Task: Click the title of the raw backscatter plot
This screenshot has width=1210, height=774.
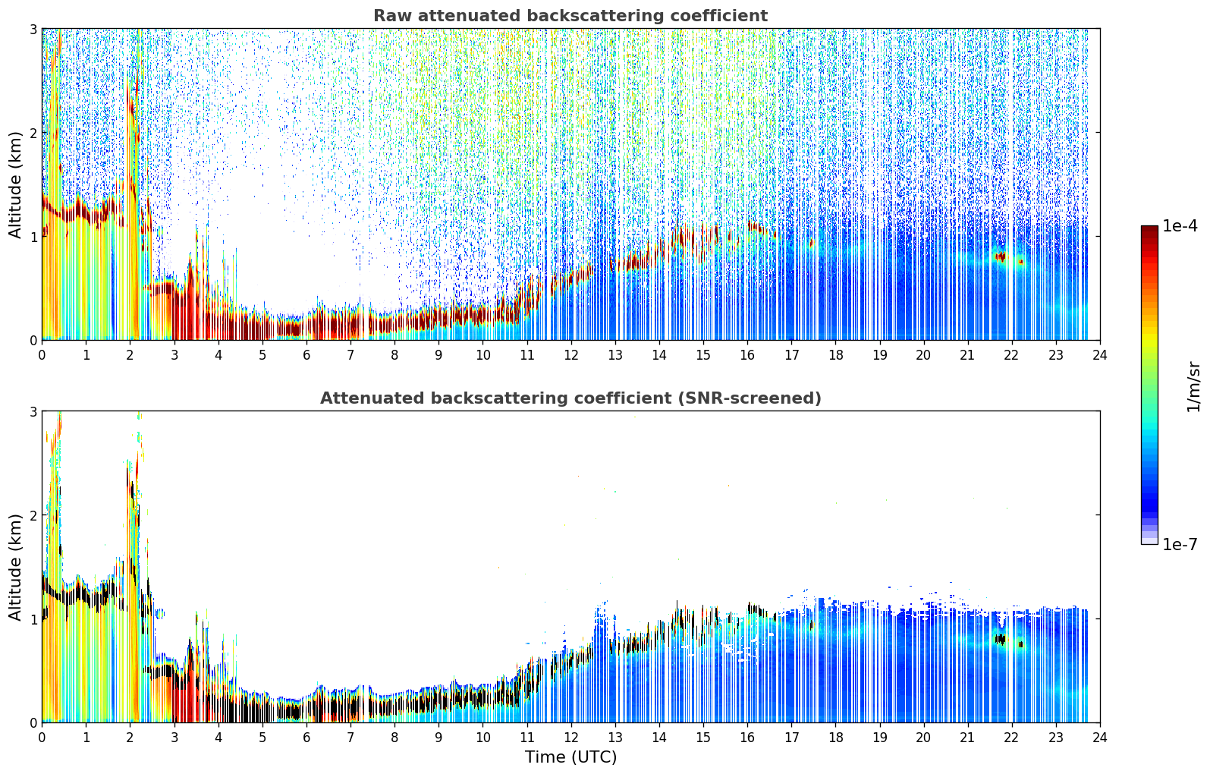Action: pyautogui.click(x=570, y=16)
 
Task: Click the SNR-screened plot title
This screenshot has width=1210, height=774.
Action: pyautogui.click(x=570, y=398)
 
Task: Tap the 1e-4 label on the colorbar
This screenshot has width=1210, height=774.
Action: pyautogui.click(x=1180, y=226)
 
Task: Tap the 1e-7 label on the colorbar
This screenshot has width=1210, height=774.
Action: pyautogui.click(x=1180, y=544)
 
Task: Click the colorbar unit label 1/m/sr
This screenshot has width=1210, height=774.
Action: pyautogui.click(x=1193, y=387)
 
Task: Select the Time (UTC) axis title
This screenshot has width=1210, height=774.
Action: pyautogui.click(x=570, y=757)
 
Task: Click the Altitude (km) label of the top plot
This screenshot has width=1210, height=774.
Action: pyautogui.click(x=15, y=185)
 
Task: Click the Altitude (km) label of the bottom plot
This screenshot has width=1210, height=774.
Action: pyautogui.click(x=15, y=568)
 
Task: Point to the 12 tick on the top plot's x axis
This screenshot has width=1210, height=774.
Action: pyautogui.click(x=571, y=355)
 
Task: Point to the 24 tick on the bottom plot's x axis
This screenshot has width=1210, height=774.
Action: pyautogui.click(x=1100, y=738)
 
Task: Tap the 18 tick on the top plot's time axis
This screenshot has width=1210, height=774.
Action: pyautogui.click(x=836, y=355)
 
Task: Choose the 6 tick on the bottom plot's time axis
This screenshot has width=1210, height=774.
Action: pyautogui.click(x=306, y=738)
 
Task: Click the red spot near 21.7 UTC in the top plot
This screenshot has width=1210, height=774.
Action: pyautogui.click(x=1001, y=256)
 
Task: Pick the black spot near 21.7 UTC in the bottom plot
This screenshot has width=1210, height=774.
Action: pyautogui.click(x=1001, y=640)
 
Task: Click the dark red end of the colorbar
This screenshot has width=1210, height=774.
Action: pyautogui.click(x=1149, y=230)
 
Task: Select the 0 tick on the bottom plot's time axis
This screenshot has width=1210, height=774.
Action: pyautogui.click(x=42, y=738)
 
